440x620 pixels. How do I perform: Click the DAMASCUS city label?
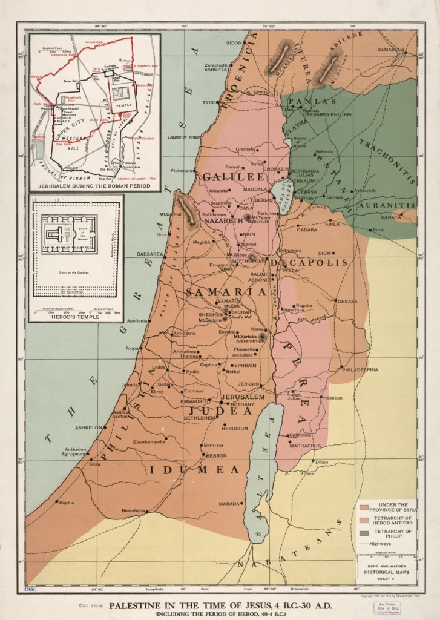click(392, 49)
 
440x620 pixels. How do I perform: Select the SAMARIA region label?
click(226, 292)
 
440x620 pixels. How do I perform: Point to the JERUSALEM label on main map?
click(243, 397)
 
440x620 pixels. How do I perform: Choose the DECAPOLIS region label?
click(309, 263)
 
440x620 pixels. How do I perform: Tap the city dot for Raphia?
click(57, 501)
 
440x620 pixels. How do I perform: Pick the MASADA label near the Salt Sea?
click(229, 503)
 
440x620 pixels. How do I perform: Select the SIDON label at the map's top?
click(234, 43)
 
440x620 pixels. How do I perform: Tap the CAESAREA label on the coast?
click(149, 254)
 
